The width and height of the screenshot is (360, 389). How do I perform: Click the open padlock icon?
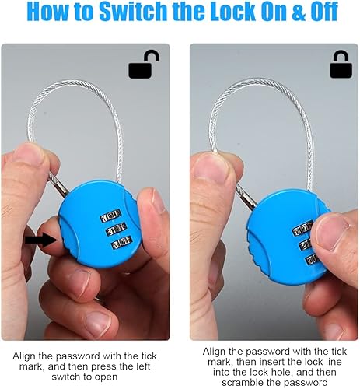pos(144,65)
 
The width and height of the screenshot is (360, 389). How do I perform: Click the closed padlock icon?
pos(341,65)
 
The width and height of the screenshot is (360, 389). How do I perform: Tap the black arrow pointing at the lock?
pos(41,240)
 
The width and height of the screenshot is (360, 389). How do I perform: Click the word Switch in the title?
pos(133,12)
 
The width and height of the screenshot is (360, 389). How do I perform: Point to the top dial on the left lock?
pos(111,216)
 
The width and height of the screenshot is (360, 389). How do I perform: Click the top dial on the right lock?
pos(302,229)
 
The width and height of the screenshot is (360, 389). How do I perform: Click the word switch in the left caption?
pos(66,377)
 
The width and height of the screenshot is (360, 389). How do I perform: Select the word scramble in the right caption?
pos(243,383)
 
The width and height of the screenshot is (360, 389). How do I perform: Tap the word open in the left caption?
pos(107,377)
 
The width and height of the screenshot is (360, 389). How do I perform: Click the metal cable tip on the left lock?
pos(59,186)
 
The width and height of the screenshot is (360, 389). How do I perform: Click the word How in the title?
pos(48,12)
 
